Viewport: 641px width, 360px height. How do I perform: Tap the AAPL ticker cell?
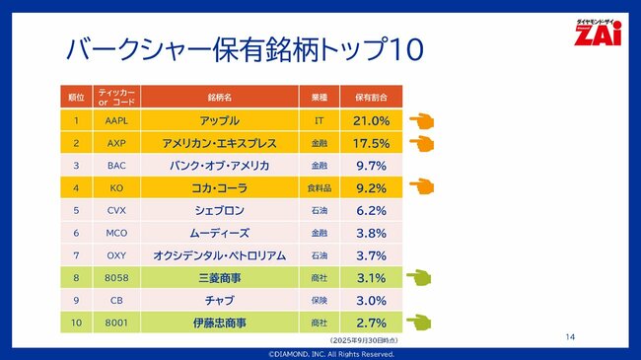click(116, 120)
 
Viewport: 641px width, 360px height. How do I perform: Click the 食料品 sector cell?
click(318, 187)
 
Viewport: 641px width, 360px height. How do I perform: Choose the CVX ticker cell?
click(116, 210)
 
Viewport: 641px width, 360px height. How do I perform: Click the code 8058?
click(116, 278)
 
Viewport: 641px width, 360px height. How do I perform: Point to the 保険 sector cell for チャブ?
click(318, 300)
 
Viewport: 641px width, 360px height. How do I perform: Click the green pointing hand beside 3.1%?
click(421, 278)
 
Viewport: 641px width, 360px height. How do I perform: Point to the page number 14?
click(570, 336)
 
